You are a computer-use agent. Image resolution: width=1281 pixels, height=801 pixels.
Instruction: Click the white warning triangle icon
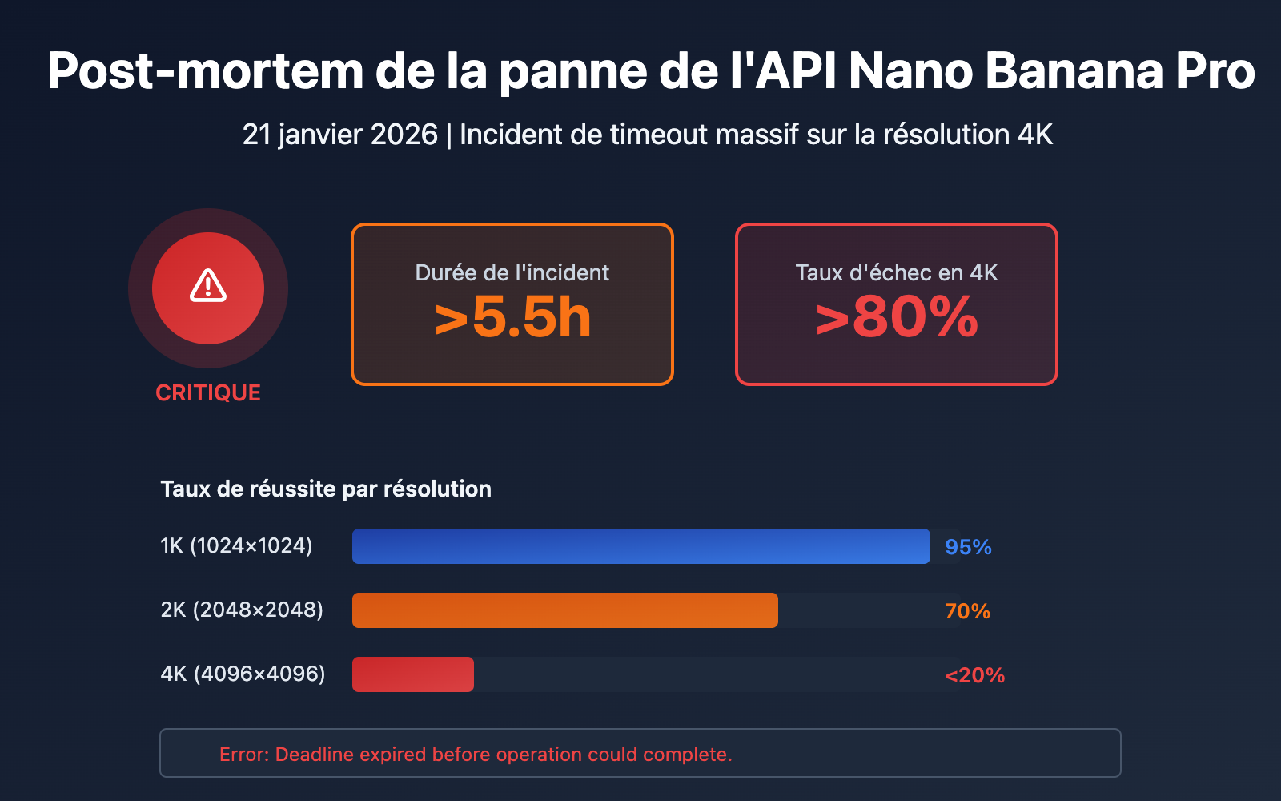(208, 286)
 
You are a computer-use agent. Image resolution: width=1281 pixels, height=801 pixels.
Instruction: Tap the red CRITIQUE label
(208, 392)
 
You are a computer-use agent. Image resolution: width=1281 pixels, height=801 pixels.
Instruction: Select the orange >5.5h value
(512, 318)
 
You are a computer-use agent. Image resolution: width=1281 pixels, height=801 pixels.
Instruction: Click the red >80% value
(897, 318)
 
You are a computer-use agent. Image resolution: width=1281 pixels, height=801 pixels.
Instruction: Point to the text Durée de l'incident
(512, 272)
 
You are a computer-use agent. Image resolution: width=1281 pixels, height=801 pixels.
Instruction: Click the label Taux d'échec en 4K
(896, 272)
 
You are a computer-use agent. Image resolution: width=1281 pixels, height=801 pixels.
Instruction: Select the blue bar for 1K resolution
(640, 546)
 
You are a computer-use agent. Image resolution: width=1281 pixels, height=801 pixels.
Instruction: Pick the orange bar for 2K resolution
(564, 610)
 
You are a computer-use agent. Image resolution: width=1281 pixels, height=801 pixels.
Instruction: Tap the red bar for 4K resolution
(412, 674)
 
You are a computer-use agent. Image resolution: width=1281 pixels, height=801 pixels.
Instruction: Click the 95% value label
(968, 547)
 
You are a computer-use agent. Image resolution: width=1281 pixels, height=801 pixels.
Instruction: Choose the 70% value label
(967, 611)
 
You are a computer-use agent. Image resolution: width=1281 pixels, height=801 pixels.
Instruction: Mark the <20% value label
(974, 675)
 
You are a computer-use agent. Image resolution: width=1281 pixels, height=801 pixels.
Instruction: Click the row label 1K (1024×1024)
(236, 545)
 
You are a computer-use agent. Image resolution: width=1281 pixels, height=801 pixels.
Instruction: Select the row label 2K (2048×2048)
(242, 610)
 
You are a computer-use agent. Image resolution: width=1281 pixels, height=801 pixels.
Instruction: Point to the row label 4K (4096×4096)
(243, 674)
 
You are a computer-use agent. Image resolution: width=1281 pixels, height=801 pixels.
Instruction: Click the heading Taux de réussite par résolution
(326, 489)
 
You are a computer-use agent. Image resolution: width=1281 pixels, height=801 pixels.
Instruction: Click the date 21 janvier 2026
(339, 135)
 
